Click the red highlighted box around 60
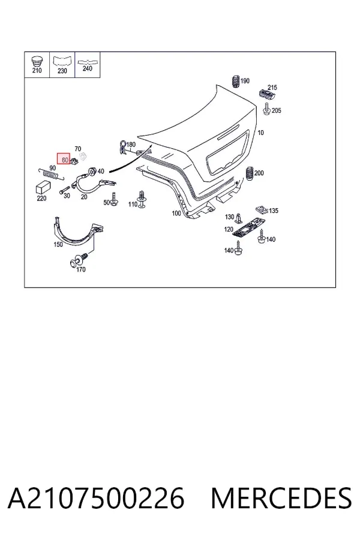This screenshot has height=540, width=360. pos(64,159)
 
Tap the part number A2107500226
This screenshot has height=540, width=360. pos(96,499)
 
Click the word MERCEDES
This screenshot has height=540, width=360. pos(281,499)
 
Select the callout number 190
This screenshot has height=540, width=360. pos(245,81)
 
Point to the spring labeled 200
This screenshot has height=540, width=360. pos(250,173)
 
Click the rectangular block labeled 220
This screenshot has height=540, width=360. pos(43,187)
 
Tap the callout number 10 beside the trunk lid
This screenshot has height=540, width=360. pos(261,133)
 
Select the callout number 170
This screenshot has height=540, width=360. pos(80,269)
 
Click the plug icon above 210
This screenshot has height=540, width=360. pos(37,61)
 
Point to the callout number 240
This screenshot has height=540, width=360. pos(88,68)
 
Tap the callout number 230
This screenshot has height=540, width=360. pos(62,71)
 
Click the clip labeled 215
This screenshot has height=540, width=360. pos(266,94)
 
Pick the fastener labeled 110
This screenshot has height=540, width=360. pos(141,199)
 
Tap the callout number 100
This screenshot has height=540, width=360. pos(176,214)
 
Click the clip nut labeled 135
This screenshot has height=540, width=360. pos(262,209)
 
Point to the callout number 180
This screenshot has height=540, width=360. pos(131,145)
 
